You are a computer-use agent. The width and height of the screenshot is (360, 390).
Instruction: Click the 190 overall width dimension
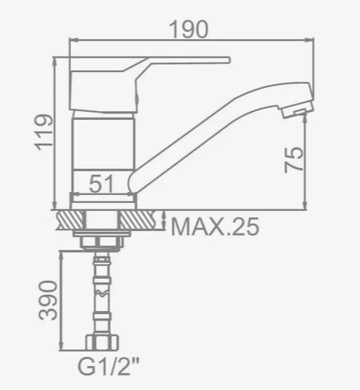coord(188,30)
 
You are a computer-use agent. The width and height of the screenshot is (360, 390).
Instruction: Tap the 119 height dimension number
coord(44,133)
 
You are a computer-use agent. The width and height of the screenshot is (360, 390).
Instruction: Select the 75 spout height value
coord(294,160)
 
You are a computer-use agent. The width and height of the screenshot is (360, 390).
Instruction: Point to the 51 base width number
coord(101,184)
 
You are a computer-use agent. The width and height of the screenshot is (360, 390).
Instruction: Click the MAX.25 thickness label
coord(215,226)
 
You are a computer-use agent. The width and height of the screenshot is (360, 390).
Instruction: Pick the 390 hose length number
coord(48,300)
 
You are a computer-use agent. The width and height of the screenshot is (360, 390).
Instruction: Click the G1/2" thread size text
coord(109,367)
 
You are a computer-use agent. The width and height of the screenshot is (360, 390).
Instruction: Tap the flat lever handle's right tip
coord(229,60)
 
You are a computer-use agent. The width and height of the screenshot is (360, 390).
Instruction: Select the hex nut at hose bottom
coord(102,342)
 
